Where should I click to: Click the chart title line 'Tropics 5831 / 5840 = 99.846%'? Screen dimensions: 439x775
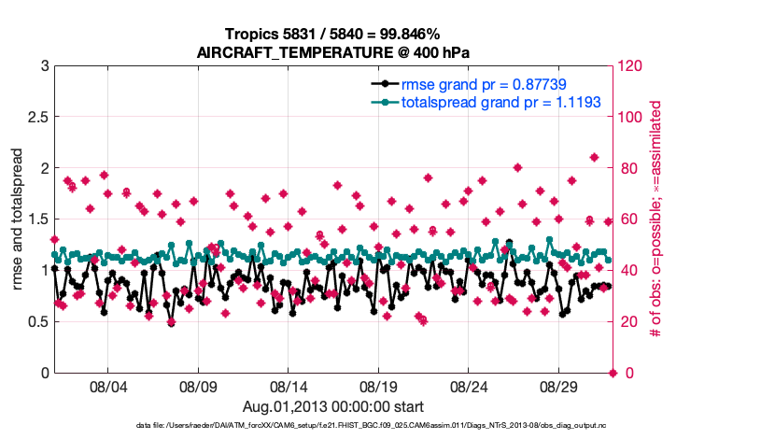click(333, 34)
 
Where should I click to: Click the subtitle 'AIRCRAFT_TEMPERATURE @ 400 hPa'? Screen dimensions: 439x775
click(333, 52)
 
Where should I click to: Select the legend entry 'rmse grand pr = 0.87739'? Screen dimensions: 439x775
click(484, 84)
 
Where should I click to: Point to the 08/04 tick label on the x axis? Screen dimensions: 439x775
click(107, 386)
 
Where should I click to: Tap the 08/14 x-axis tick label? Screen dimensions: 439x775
click(289, 386)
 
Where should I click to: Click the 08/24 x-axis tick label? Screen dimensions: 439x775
click(470, 386)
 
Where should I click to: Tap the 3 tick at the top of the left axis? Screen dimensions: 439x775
click(45, 66)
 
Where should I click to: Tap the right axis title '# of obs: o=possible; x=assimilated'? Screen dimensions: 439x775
click(655, 219)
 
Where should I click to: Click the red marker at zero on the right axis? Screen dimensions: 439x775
click(613, 373)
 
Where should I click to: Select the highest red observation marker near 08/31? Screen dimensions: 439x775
click(595, 157)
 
